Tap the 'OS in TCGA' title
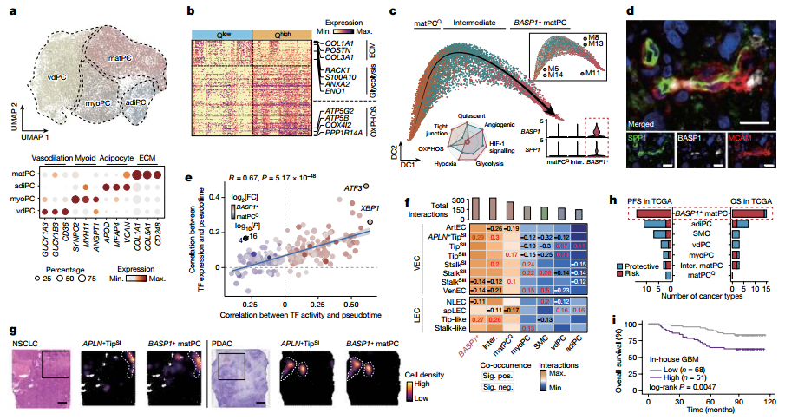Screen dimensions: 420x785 click(x=745, y=202)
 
